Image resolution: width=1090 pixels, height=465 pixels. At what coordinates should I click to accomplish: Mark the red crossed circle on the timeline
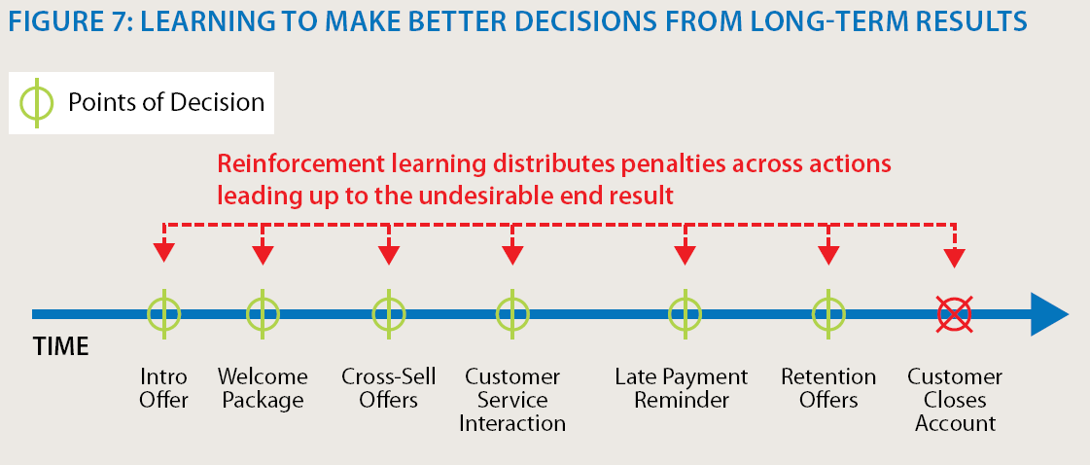(x=955, y=314)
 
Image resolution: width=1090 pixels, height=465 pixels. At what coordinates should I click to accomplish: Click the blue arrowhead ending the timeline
(x=1049, y=314)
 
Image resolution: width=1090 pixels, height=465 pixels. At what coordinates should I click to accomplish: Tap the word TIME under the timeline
(x=61, y=346)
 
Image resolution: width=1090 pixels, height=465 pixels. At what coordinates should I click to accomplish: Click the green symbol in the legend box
(x=37, y=103)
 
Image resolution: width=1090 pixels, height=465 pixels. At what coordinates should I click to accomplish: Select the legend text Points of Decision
(x=166, y=103)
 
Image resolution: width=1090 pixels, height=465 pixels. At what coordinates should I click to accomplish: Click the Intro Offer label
(x=164, y=388)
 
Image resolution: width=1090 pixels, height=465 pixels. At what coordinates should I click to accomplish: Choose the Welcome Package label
(x=263, y=388)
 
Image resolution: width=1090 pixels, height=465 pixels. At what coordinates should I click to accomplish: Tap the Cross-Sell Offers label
(x=389, y=388)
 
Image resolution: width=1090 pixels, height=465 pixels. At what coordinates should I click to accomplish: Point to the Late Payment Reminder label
(x=682, y=388)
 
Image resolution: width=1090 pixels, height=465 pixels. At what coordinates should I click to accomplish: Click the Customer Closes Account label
(x=955, y=400)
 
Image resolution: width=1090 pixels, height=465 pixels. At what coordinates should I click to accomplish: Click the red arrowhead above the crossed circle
(x=955, y=258)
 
